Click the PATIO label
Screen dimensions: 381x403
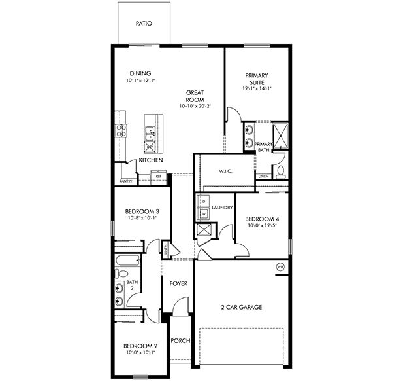[144, 23]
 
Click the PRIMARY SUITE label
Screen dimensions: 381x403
[257, 79]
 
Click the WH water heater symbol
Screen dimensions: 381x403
[280, 267]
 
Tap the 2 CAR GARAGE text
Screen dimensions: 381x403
[242, 307]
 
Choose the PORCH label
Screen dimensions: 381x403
[180, 341]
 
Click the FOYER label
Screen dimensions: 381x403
[178, 284]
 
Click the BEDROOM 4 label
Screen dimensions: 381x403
[261, 219]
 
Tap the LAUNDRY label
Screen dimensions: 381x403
[223, 208]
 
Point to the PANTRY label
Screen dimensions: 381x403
[126, 181]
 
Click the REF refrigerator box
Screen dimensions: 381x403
[158, 176]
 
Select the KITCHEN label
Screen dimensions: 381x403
[150, 160]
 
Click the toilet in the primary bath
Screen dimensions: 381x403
[280, 172]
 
